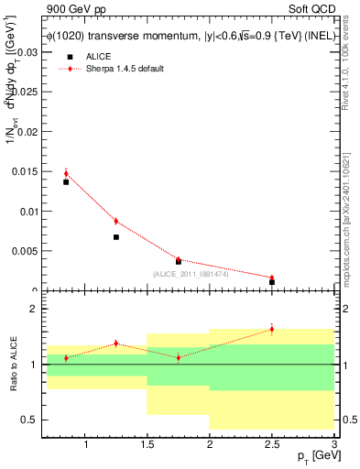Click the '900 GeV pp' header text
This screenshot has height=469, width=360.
point(73,8)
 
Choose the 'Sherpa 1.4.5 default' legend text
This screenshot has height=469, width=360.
point(124,69)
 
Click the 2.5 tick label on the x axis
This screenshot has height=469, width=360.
point(272,445)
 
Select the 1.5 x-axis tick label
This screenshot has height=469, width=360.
point(147,445)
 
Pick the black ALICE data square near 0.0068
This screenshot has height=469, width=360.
point(116,237)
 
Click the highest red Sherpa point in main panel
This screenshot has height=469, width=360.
point(66,172)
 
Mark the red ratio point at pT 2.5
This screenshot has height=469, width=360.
point(272,329)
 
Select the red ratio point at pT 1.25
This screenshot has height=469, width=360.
point(116,344)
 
